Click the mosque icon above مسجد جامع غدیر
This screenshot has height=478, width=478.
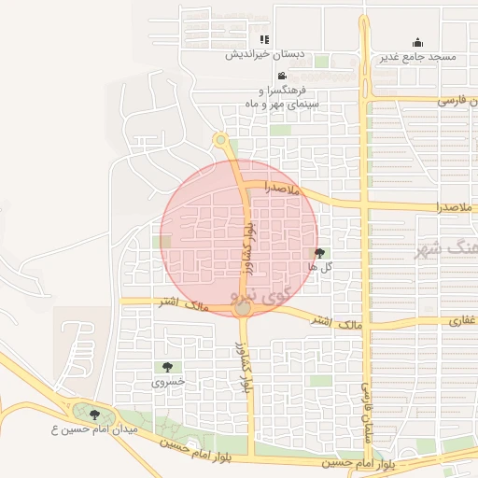[417, 42]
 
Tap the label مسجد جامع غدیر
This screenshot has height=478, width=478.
[417, 57]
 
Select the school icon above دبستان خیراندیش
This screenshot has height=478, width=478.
[264, 39]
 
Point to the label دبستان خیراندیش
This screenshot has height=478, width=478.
[260, 54]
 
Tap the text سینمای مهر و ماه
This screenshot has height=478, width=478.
[282, 104]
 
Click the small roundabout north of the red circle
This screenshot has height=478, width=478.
[221, 140]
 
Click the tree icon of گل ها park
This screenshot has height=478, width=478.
[321, 252]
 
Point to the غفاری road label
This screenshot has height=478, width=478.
[462, 319]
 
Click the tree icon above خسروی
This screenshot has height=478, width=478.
[167, 367]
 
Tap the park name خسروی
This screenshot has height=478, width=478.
[168, 382]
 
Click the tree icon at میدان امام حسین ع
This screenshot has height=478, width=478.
[94, 415]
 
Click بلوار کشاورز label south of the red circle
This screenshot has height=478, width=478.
[245, 367]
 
